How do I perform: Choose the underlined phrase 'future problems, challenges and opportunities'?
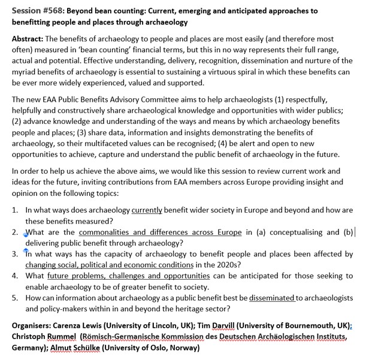click(128, 276)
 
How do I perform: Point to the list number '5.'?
click(16, 297)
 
